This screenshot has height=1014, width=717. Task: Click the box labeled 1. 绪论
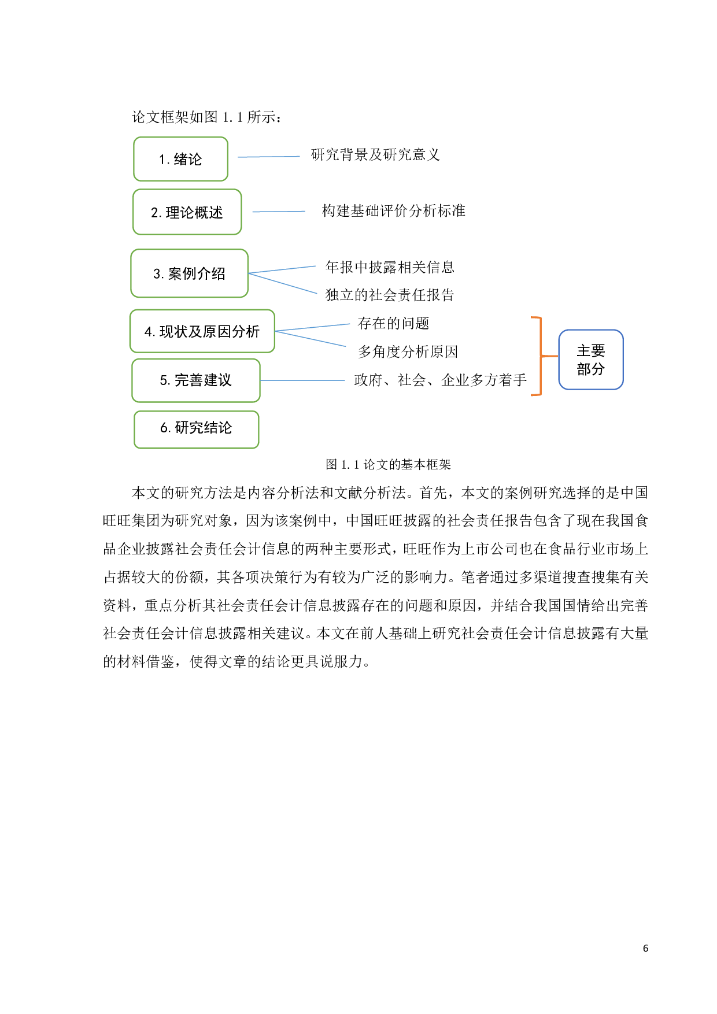180,159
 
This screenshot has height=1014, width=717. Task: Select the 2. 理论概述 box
187,212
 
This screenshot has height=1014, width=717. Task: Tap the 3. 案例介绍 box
189,273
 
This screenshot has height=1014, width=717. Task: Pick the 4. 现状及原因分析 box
202,331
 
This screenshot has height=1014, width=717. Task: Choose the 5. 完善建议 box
195,380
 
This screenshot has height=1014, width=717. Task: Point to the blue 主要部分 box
590,360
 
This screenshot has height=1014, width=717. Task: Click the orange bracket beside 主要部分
540,356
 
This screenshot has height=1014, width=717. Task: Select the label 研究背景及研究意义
375,155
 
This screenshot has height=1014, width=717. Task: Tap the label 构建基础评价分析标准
393,211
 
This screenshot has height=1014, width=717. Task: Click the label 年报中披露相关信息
389,267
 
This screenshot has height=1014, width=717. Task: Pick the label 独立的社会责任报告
389,295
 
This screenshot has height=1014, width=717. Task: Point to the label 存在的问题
393,323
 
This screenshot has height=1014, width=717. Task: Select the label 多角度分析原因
407,351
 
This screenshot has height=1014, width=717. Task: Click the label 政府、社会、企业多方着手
440,380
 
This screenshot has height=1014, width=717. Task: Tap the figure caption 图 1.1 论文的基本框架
388,464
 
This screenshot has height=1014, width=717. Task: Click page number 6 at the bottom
645,948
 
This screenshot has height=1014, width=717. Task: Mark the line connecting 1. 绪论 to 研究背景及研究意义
268,157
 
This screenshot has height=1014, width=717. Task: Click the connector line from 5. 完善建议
302,380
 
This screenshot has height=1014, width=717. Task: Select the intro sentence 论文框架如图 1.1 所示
206,117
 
